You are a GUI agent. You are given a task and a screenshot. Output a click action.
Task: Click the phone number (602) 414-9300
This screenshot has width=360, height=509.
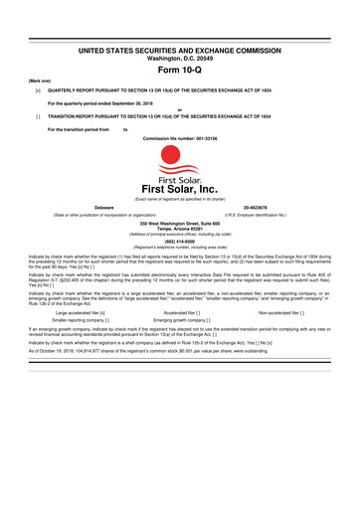point(179,241)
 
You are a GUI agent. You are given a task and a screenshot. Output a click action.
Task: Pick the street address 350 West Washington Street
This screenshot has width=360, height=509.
point(179,223)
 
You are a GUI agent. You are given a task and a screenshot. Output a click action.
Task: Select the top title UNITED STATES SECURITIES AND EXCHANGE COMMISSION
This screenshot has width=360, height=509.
point(179,49)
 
